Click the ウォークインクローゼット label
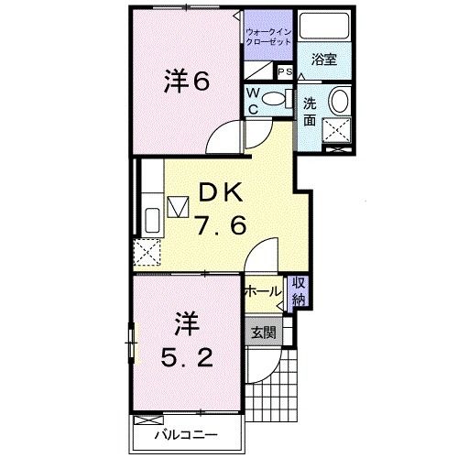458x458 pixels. point(267,38)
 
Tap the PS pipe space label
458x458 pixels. point(284,71)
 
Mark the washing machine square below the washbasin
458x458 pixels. point(338,135)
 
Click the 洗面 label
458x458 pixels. point(310,111)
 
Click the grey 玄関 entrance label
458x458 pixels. point(264,333)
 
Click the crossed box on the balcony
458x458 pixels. point(147,419)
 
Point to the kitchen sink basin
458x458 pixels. point(152,219)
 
